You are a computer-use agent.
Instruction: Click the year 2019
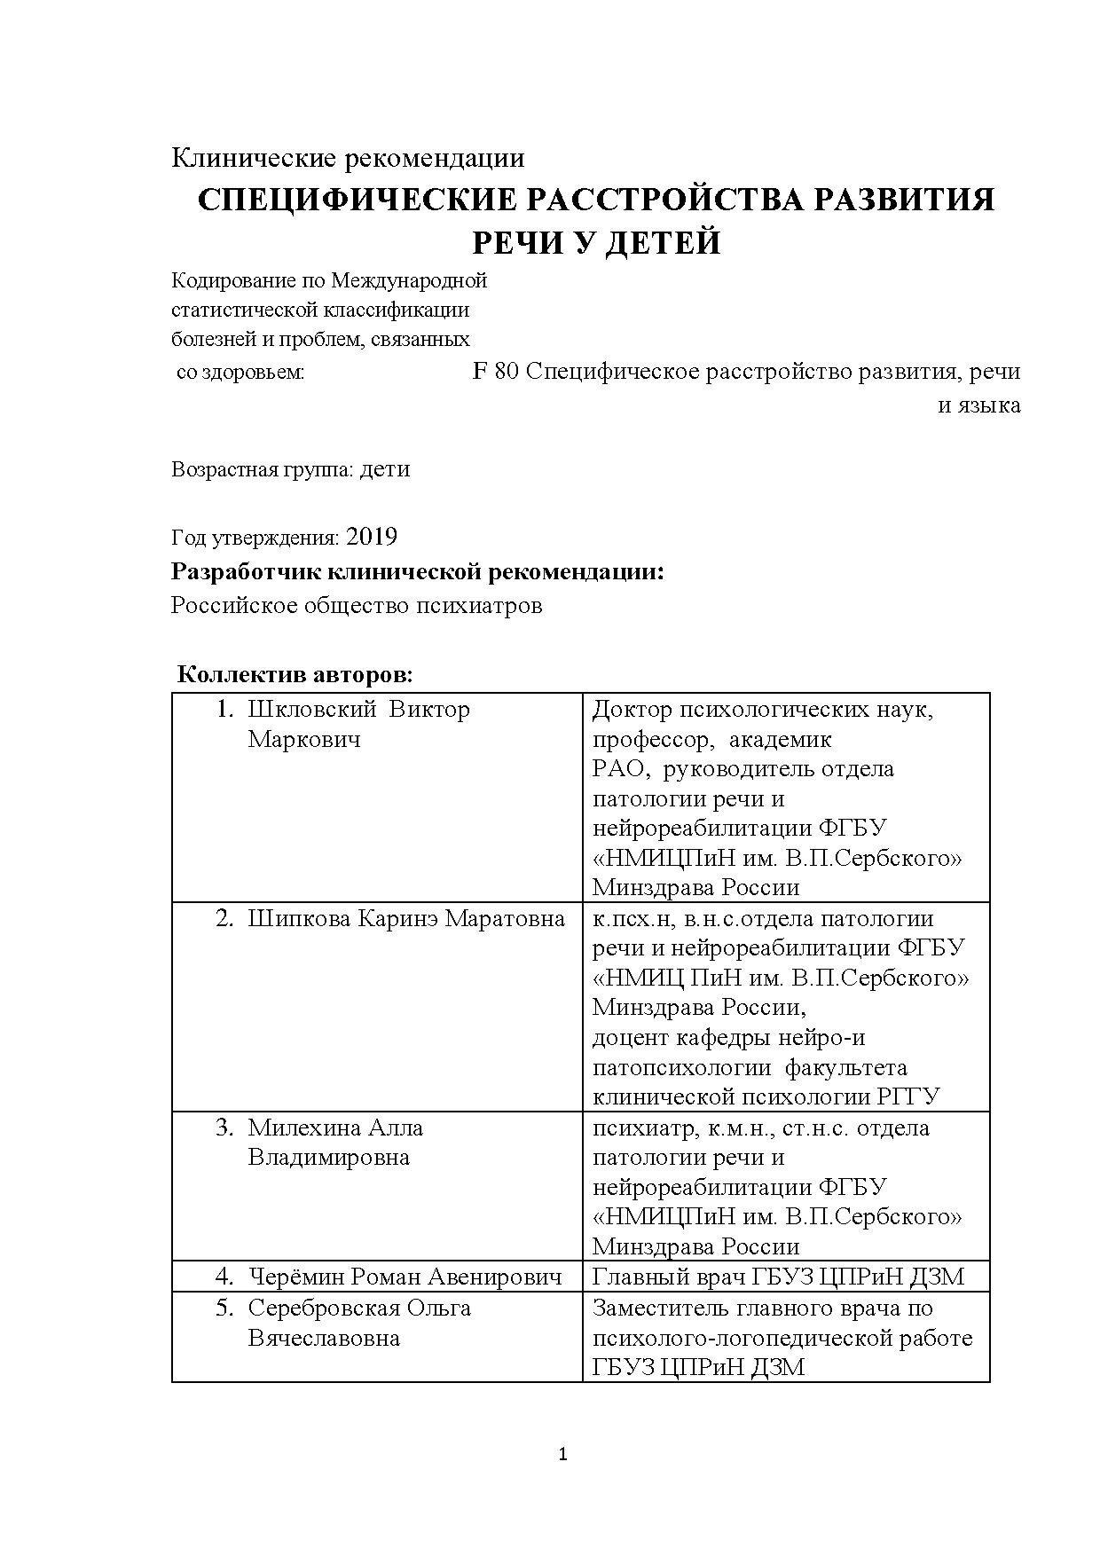(372, 537)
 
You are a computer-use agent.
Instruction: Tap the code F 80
(496, 372)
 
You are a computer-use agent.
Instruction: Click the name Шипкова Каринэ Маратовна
(406, 918)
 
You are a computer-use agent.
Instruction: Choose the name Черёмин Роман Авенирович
(405, 1277)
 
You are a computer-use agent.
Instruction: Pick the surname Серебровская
(326, 1308)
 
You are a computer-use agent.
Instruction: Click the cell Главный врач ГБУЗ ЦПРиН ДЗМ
(777, 1277)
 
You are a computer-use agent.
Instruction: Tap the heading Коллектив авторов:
(295, 674)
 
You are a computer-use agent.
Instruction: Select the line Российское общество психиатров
(356, 606)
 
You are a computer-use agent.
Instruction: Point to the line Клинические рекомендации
(347, 158)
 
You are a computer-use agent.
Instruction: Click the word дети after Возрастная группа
(385, 469)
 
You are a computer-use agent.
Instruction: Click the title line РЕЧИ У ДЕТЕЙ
(595, 242)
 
